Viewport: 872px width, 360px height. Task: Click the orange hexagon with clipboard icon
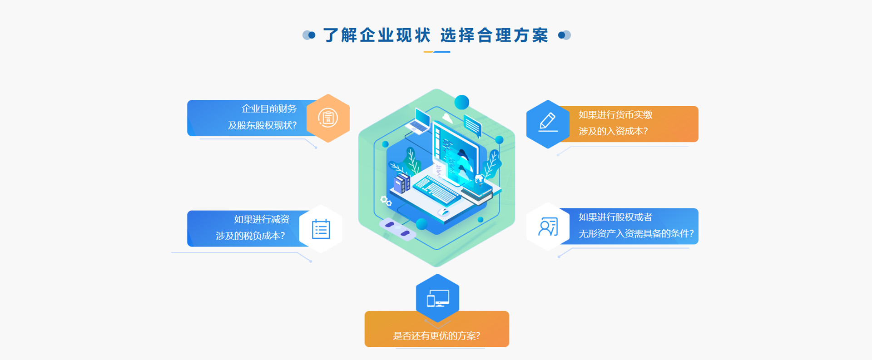coord(328,118)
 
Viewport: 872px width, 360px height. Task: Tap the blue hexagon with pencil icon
coord(548,124)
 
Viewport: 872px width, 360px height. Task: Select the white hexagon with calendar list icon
coord(321,229)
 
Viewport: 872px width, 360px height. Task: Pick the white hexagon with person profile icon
coord(548,227)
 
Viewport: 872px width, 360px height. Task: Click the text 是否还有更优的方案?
coord(436,336)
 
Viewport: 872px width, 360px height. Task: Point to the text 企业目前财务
coord(269,109)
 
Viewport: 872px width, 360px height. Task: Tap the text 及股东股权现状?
coord(262,125)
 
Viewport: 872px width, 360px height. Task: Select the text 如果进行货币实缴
coord(615,115)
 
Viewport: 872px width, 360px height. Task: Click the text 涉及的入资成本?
coord(613,131)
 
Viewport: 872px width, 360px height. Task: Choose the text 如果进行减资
coord(262,220)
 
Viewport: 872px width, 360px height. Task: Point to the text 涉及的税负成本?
coord(250,236)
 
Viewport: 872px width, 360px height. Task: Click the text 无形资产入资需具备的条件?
coord(636,234)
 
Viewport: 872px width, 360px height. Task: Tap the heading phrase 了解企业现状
coord(377,35)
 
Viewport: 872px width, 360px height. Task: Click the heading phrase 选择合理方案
coord(495,35)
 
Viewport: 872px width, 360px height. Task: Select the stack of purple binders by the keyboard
coord(402,183)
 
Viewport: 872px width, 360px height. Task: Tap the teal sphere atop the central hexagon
coord(461,102)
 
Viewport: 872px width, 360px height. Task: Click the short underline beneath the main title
coord(436,52)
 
